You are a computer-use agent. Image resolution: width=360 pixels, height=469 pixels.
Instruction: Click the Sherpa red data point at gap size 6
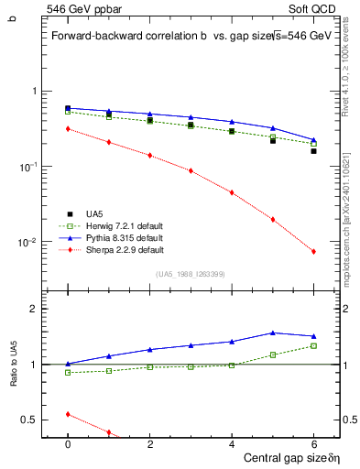(313, 252)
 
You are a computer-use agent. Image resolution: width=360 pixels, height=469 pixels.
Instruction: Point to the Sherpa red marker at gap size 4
(232, 192)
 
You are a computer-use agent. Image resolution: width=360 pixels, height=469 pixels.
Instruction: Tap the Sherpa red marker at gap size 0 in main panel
(68, 129)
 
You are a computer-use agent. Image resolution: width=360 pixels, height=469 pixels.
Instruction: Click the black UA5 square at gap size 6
(313, 151)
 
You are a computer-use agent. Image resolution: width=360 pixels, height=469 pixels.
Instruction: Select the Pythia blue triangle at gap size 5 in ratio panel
(272, 333)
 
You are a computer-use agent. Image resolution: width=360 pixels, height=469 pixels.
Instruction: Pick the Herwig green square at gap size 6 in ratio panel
(313, 345)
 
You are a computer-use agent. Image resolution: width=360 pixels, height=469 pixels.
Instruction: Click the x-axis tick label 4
(232, 443)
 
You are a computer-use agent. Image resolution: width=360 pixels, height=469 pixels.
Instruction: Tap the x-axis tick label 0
(68, 443)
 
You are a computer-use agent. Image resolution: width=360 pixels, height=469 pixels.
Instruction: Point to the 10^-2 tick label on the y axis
(32, 243)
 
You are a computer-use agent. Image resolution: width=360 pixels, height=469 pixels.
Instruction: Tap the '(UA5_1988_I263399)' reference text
(191, 273)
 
